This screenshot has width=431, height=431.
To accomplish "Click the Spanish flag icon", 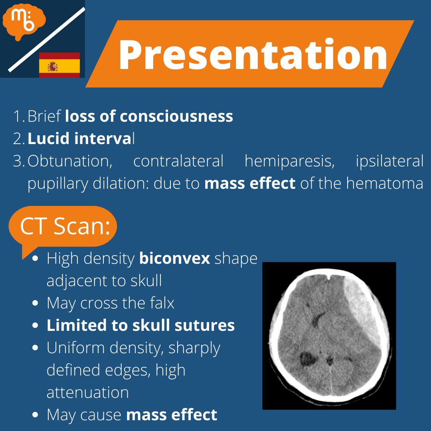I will click(x=59, y=65).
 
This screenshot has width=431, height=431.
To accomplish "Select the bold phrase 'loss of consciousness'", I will click(x=149, y=116).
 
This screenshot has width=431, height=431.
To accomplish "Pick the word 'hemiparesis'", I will click(x=289, y=161).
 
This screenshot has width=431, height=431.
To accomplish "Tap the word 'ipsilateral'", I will click(x=389, y=161).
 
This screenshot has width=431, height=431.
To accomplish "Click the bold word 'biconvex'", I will click(x=174, y=259).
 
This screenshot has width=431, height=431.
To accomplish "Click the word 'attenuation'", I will click(x=88, y=392).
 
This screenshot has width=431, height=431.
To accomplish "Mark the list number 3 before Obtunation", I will click(x=18, y=161).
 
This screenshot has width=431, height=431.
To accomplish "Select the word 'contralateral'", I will click(x=178, y=161).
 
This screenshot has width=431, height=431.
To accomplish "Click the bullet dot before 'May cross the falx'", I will click(x=36, y=304).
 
